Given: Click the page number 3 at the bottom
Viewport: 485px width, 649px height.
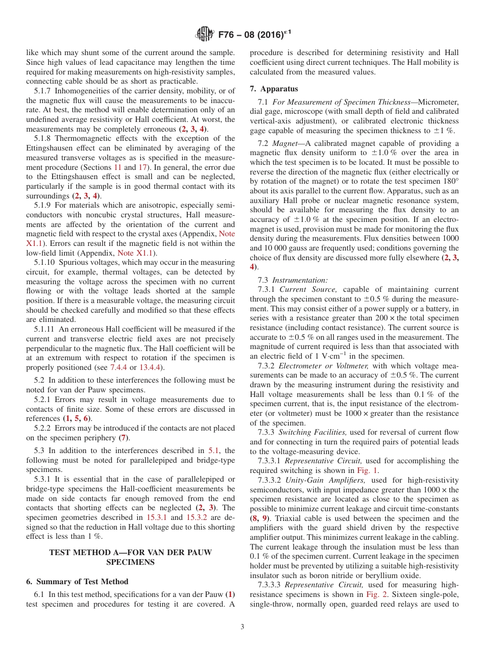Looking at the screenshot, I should [x=243, y=627].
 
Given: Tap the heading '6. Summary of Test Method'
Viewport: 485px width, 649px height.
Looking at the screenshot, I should [x=77, y=581].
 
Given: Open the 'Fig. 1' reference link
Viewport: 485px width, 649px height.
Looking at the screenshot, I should [x=368, y=470].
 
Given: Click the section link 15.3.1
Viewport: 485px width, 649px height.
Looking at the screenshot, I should [x=157, y=517].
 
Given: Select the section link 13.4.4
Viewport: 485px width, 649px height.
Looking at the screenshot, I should [x=153, y=367].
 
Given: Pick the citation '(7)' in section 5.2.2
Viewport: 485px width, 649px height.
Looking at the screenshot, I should [x=124, y=438].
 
